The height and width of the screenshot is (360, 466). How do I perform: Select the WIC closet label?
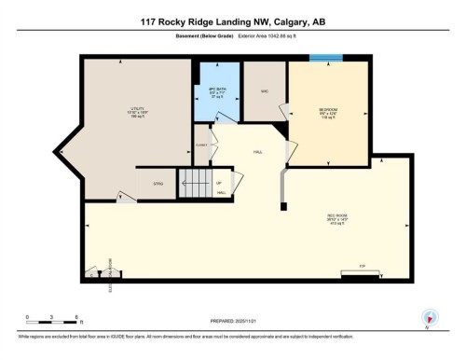[x=266, y=90]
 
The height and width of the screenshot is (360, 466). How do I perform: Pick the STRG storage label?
[x=158, y=184]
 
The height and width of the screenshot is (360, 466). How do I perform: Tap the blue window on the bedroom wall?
[x=325, y=59]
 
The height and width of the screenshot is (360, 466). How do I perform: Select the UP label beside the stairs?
[x=219, y=183]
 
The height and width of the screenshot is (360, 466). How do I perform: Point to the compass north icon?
[x=430, y=317]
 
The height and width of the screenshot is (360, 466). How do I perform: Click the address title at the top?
[x=233, y=21]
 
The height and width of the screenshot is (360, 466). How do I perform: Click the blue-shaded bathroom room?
[x=217, y=103]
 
